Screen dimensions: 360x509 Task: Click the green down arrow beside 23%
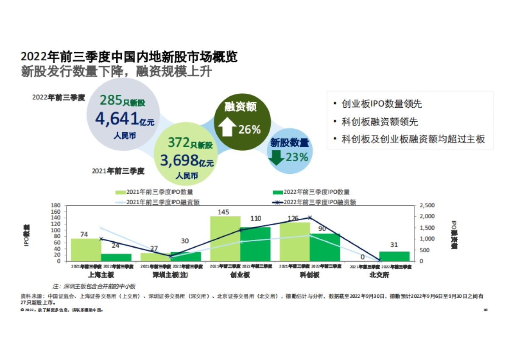coord(276,157)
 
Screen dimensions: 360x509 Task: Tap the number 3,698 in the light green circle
coord(179,160)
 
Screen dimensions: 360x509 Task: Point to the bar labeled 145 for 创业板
coord(225,238)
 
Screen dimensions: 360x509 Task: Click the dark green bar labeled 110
coord(255,244)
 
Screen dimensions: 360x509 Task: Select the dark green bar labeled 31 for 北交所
coord(394,256)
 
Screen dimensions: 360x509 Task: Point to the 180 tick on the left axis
coord(56,205)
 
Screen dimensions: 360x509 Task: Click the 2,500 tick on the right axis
coord(425,205)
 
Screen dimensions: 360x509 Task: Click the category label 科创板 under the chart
coord(310,275)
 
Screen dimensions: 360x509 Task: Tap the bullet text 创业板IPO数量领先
coord(381,104)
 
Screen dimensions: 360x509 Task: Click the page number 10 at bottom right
coord(485,310)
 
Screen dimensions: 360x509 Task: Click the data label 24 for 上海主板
coord(115,246)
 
